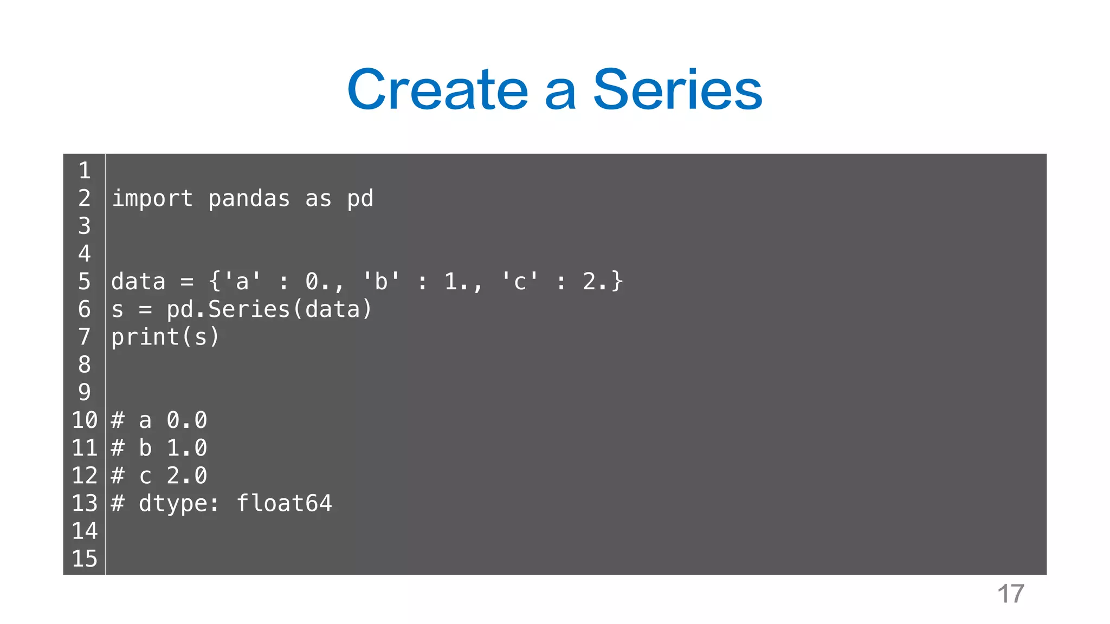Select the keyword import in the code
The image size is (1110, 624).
tap(152, 199)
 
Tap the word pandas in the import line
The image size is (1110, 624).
tap(249, 199)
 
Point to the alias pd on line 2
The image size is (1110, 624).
tap(360, 199)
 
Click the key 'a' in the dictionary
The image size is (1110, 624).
tap(242, 282)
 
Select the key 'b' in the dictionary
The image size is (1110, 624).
tap(380, 282)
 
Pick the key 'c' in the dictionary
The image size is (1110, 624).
tap(519, 282)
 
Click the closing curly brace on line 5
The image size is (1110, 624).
tap(617, 282)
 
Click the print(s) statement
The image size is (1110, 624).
tap(165, 337)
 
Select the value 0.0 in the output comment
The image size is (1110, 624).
tap(186, 420)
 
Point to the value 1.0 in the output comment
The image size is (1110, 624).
tap(186, 448)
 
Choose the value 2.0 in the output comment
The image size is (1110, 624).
tap(186, 476)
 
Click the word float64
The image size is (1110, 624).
tap(284, 503)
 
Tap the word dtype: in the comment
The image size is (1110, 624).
tap(179, 503)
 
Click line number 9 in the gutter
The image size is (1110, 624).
tap(85, 392)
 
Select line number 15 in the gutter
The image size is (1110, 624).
tap(85, 558)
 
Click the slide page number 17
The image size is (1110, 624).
tap(1011, 594)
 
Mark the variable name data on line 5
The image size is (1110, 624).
tap(138, 282)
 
